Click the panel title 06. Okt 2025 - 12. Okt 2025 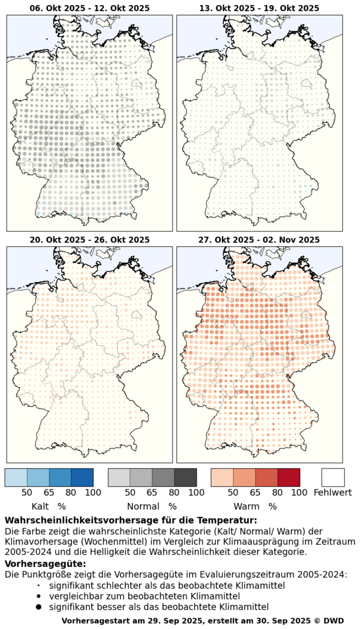coord(90,8)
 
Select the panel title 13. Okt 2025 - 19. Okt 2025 coord(259,8)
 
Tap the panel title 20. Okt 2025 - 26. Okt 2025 coord(90,240)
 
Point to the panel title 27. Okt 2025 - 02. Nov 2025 coord(259,240)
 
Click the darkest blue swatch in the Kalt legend coord(82,477)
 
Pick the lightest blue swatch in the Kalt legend coord(16,477)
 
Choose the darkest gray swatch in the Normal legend coord(185,477)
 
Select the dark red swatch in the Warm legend coord(289,477)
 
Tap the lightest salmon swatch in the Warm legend coord(223,477)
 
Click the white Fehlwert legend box coord(333,477)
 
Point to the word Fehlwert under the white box coord(333,493)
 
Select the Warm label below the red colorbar coord(247,506)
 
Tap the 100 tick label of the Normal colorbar coord(196,493)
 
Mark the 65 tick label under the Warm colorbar coord(256,493)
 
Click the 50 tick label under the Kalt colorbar coord(27,493)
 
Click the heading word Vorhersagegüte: coord(45,564)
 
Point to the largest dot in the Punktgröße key coord(38,607)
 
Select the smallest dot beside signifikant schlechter coord(38,586)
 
